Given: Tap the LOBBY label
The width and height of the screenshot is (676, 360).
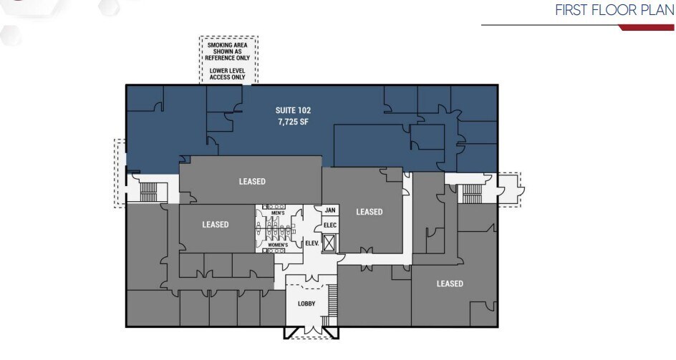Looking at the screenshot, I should coord(306,303).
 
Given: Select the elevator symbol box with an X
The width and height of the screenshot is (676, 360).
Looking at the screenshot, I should coord(329,243).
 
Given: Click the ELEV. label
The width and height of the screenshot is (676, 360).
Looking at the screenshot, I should coord(312,243).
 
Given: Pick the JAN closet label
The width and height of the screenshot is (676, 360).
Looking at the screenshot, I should coord(329,210).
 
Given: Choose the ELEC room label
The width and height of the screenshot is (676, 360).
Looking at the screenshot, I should coord(329,225).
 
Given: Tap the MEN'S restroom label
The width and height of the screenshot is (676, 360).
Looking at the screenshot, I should coord(279,213).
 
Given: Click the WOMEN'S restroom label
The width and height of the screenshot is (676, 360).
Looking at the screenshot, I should coord(278,245).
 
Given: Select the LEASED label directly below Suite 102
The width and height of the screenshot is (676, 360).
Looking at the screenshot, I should coord(252,182).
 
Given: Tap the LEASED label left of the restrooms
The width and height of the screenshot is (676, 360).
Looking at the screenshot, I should coord(215,225).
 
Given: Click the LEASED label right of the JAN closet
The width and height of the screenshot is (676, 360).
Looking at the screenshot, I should coord(370,212).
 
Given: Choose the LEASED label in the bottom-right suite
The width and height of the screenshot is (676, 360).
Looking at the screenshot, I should coord(450,284).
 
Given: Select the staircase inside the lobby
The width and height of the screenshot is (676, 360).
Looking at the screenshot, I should coord(331,301).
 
